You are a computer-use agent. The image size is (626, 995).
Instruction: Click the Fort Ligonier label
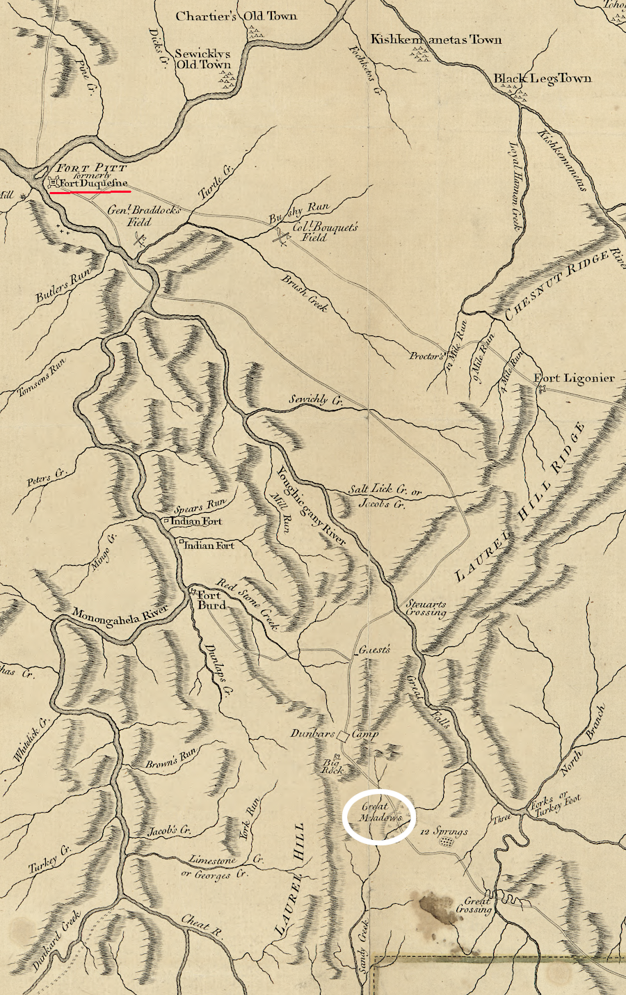coord(574,379)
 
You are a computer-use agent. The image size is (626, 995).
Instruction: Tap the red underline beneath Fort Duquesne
coord(90,191)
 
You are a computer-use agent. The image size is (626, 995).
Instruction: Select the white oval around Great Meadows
coord(379,817)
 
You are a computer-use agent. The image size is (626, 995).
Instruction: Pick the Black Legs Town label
coord(543,79)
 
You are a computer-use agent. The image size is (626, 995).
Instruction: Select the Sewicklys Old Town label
coord(202,59)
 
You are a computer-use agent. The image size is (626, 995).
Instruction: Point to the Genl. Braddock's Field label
coord(144,216)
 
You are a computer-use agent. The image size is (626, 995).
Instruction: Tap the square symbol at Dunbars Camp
coord(342,735)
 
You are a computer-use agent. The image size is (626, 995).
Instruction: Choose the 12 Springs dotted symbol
coord(447,841)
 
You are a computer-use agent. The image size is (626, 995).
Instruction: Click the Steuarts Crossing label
coord(426,609)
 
